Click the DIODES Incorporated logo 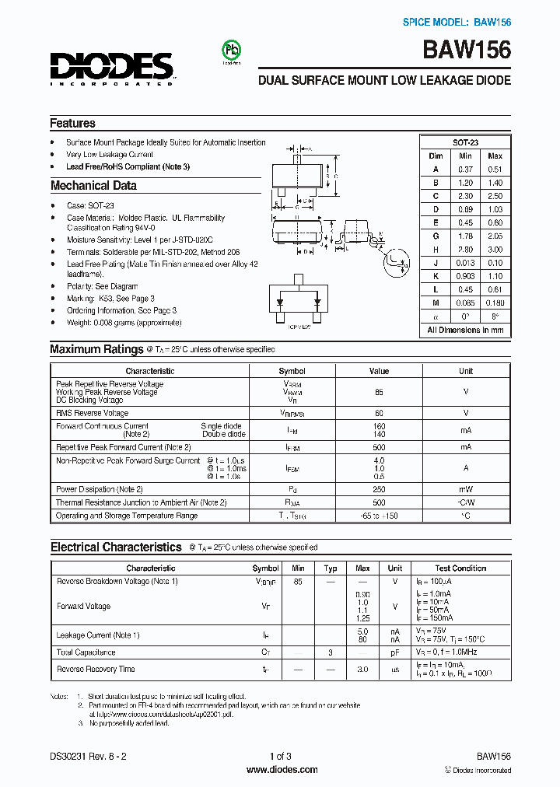[111, 68]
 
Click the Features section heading [72, 123]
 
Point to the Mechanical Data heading [93, 186]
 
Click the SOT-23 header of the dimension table [465, 142]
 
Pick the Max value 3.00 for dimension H [495, 250]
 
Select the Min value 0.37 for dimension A [465, 169]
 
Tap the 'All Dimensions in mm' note [465, 330]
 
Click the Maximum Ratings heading [96, 349]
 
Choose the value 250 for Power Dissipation [379, 489]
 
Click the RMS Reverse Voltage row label [92, 413]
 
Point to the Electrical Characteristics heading [116, 547]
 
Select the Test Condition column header [460, 568]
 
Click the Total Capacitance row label [86, 652]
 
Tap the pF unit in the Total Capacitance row [395, 652]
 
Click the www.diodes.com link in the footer [282, 770]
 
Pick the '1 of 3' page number [280, 756]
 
